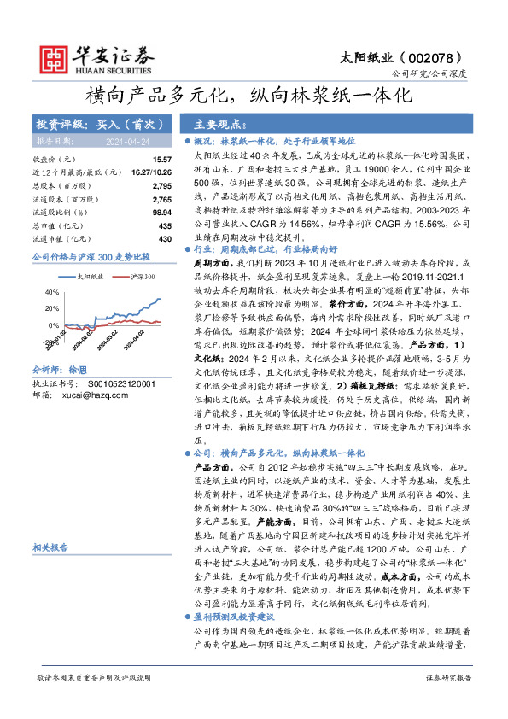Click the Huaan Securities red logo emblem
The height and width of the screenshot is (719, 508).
(58, 56)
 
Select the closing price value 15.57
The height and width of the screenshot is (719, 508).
(162, 160)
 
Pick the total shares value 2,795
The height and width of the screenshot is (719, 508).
(161, 185)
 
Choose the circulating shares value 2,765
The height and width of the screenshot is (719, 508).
(161, 198)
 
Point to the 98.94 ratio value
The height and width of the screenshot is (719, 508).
(161, 211)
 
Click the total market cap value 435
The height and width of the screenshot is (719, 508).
(165, 225)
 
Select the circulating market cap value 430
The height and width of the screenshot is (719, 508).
(165, 237)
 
